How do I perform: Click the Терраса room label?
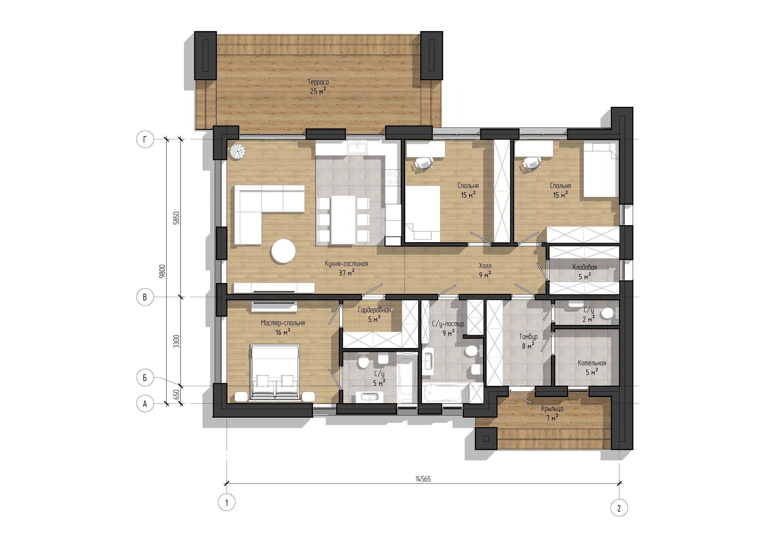[318, 82]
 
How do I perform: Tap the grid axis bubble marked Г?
[145, 139]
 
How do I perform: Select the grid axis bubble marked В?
[145, 297]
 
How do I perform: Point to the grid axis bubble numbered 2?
[619, 508]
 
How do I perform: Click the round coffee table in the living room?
[284, 251]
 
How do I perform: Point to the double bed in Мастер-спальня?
[275, 372]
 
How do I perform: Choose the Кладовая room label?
[585, 267]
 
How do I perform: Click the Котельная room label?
[592, 363]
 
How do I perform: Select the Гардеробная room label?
[374, 310]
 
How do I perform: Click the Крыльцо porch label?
[552, 409]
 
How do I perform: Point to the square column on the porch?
[486, 438]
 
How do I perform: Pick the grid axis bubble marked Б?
[145, 377]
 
